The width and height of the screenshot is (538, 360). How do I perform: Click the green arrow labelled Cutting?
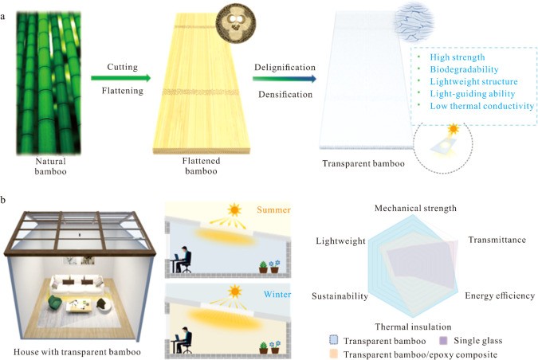click(x=120, y=78)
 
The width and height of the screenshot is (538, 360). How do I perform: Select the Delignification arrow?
click(x=283, y=79)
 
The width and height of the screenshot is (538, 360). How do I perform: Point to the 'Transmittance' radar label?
click(x=496, y=239)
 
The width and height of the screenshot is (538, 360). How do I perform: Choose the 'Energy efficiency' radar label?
click(x=500, y=295)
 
